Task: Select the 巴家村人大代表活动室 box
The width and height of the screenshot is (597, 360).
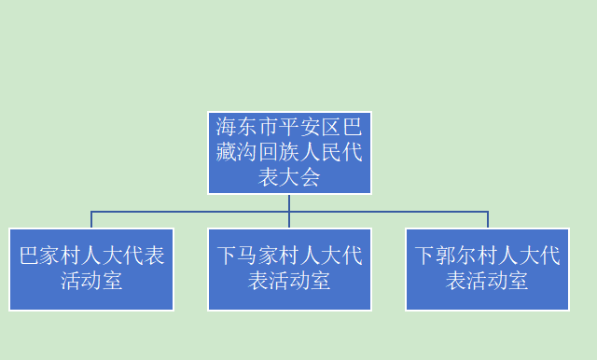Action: [91, 269]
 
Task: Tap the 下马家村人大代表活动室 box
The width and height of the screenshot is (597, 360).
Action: [289, 269]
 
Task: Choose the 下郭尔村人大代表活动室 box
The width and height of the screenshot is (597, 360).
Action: [487, 269]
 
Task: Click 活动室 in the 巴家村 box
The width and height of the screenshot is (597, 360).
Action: [91, 281]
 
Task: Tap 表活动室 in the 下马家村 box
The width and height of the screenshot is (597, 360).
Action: [289, 281]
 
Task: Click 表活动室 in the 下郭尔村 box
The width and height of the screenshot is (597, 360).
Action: [487, 281]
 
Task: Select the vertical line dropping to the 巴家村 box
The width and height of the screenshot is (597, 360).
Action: [91, 220]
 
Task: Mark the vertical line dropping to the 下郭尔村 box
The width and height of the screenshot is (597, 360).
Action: [488, 220]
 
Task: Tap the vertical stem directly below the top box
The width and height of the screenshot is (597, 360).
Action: [289, 202]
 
